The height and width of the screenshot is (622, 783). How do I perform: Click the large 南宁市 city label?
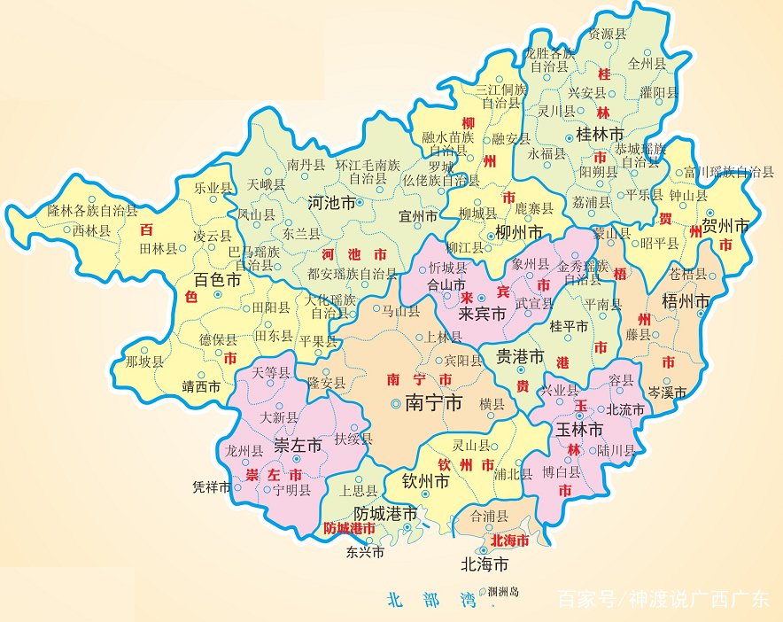click(433, 404)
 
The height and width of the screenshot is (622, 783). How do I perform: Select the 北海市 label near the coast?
click(484, 564)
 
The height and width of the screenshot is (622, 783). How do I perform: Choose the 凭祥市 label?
click(212, 487)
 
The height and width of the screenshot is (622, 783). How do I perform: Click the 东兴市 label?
click(366, 552)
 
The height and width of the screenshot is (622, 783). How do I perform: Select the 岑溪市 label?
click(667, 391)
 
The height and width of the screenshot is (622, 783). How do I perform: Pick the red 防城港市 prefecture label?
click(349, 528)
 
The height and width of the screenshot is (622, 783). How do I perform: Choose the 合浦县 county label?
click(491, 515)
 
